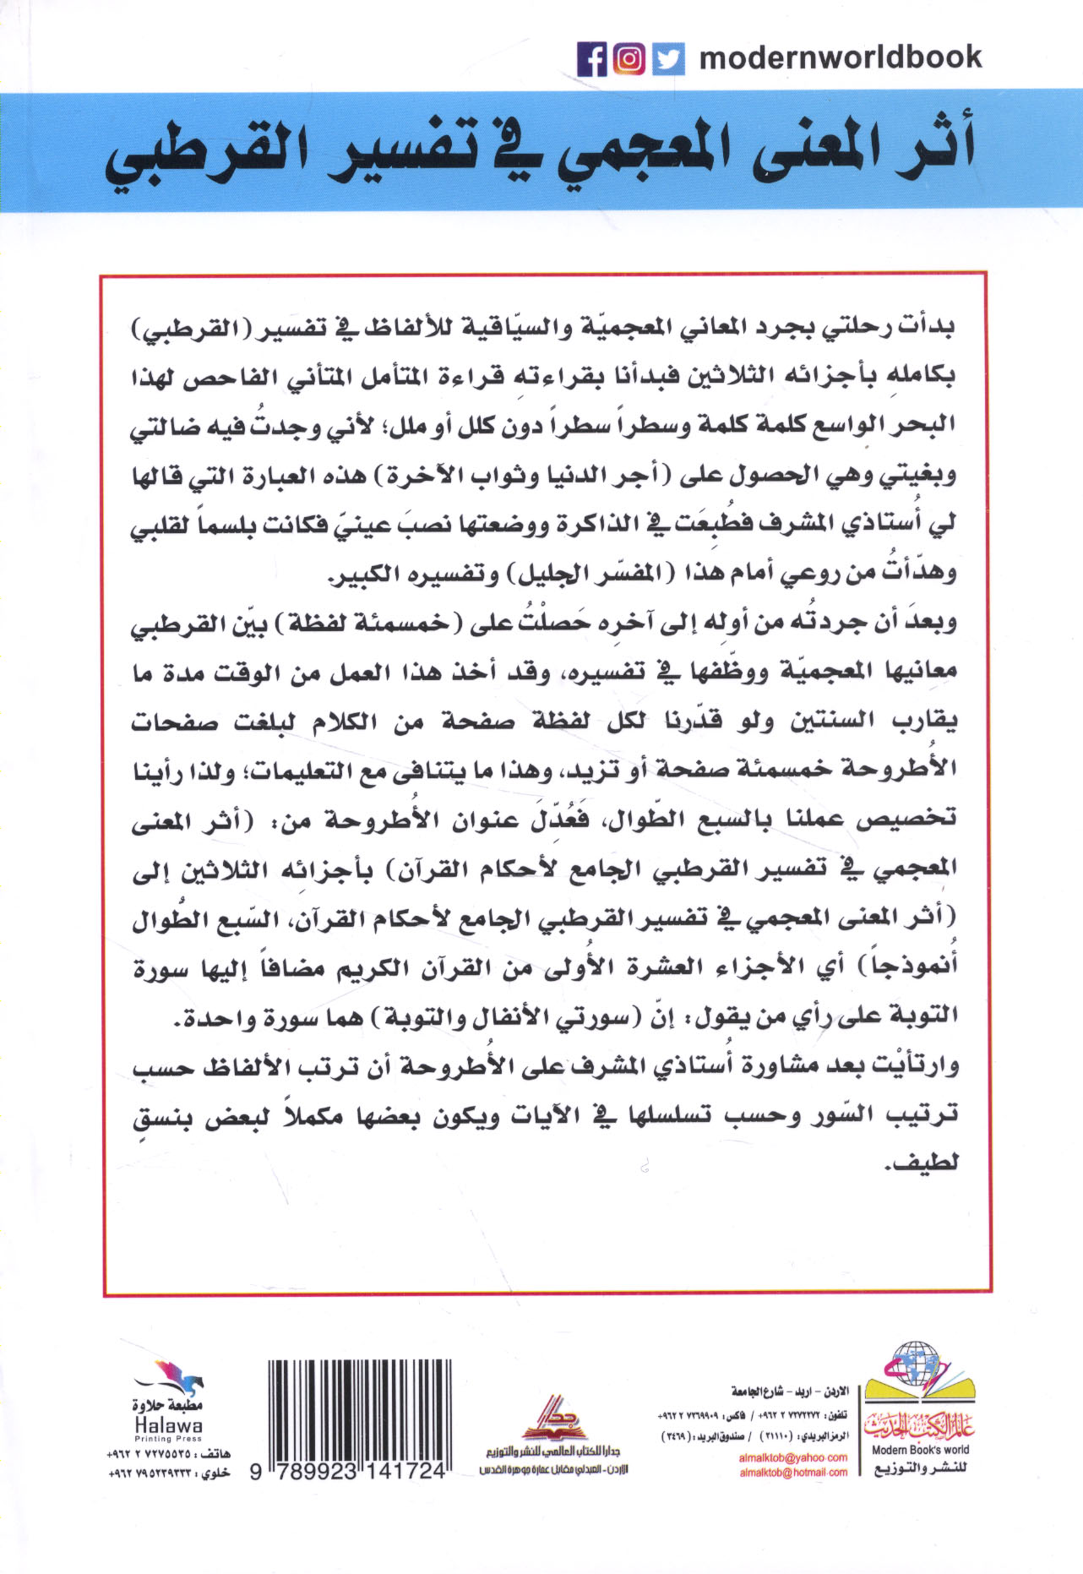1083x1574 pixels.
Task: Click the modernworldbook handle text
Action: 841,57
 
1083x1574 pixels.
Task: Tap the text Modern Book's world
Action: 920,1450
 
